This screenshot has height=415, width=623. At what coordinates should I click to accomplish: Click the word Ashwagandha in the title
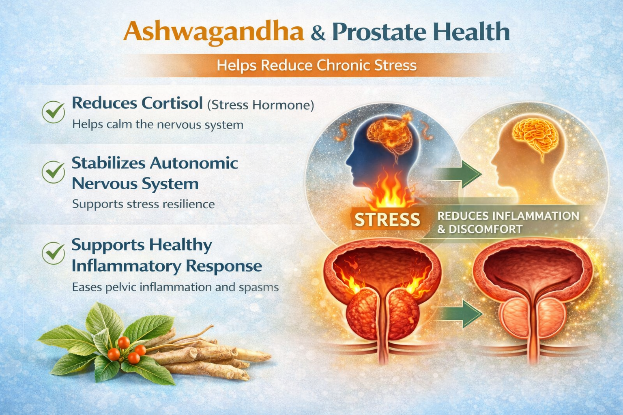point(213,32)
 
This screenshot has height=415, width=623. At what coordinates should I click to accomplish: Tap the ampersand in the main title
point(318,33)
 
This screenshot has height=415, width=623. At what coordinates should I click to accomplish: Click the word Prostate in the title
point(379,32)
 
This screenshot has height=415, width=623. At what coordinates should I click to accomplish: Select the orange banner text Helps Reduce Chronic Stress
point(316,66)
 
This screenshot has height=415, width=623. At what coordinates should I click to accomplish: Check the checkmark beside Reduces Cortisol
point(54,112)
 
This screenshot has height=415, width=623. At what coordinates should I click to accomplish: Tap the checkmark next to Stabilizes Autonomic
point(54,172)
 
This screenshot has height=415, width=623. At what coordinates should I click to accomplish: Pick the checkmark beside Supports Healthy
point(54,253)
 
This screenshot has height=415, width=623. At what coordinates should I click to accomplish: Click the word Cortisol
point(172,103)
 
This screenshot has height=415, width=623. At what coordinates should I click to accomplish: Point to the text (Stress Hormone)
point(261,105)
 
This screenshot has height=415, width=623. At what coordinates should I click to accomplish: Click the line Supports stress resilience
point(144,204)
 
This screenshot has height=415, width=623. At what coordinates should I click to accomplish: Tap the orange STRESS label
point(387,220)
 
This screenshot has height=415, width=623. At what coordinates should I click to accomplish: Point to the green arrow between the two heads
point(458,174)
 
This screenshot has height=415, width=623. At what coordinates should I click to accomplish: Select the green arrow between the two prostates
point(458,314)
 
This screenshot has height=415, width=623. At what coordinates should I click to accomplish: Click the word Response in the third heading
point(224,266)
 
